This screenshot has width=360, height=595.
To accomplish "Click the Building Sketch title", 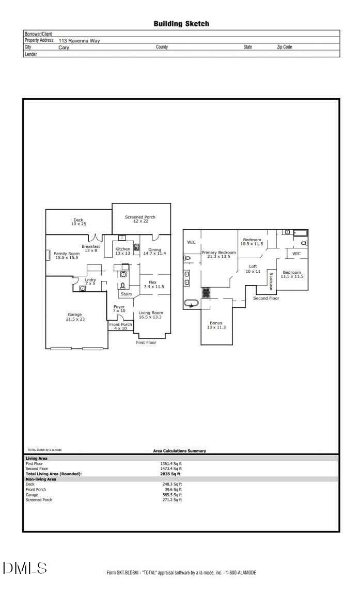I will (181, 24).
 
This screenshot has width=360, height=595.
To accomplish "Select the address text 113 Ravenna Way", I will (79, 40).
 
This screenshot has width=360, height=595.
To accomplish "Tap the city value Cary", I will (64, 47).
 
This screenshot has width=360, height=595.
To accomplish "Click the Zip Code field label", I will (284, 47).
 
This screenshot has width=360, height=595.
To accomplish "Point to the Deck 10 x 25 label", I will (78, 222).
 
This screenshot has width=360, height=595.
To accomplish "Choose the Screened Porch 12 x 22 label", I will (140, 220).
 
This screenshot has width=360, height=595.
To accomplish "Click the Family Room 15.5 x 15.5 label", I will (67, 255).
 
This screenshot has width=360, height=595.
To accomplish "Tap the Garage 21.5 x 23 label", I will (75, 317).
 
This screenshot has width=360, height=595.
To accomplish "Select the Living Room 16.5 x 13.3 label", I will (150, 315).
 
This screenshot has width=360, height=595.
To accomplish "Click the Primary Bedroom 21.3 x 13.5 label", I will (218, 254).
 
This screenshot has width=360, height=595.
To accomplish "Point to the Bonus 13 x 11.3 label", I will (216, 325).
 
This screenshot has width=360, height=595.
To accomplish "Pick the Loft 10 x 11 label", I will (253, 269).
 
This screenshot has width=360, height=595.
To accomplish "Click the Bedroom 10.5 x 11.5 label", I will (252, 242).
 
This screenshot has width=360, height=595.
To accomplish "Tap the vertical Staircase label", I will (270, 281).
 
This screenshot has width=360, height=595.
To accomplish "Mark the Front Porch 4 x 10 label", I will (120, 326).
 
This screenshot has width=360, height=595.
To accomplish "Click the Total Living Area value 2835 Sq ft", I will (170, 474).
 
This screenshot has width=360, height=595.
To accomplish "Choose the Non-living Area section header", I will (41, 479).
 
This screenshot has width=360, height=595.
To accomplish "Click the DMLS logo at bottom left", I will (25, 568).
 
